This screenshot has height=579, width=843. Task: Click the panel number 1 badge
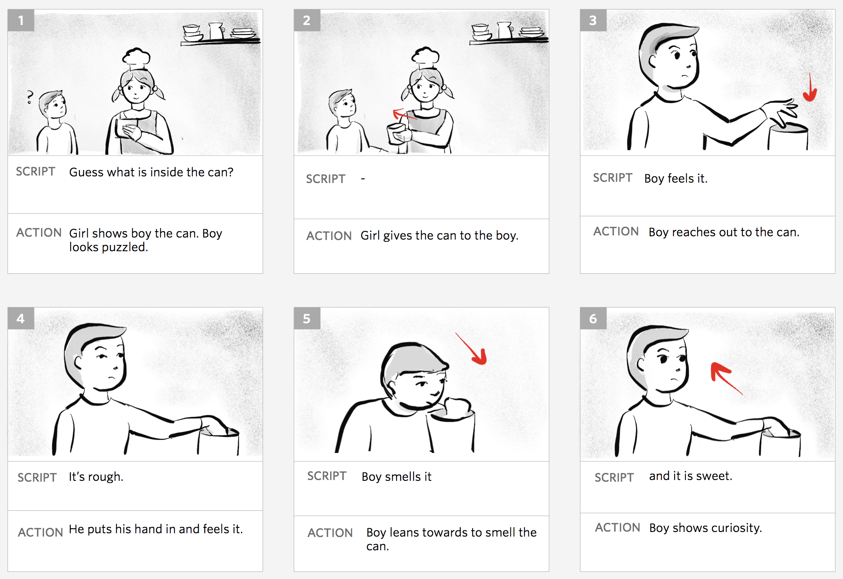click(x=21, y=20)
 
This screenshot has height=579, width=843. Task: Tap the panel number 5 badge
click(x=307, y=319)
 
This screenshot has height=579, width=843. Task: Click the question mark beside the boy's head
click(x=30, y=97)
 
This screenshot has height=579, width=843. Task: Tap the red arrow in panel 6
click(x=725, y=378)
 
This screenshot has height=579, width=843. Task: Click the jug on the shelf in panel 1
click(x=216, y=30)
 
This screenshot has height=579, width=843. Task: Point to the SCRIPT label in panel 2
click(x=325, y=179)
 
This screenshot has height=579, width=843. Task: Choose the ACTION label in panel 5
click(x=330, y=533)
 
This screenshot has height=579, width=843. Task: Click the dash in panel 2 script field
click(x=363, y=179)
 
